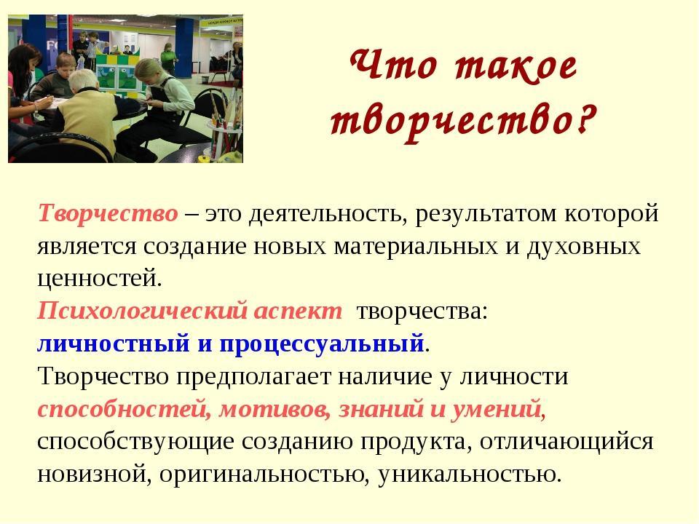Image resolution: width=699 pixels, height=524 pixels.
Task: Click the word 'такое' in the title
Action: click(516, 67)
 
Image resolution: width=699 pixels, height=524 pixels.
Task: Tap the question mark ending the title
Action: click(585, 119)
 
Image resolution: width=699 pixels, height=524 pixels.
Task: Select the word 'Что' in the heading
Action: click(392, 65)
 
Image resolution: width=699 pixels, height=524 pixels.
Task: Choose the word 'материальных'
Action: click(416, 247)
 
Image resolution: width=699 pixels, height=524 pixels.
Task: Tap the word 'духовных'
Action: click(584, 247)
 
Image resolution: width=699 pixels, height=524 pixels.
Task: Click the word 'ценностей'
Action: click(100, 279)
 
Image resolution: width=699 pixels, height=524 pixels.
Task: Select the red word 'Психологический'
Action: click(143, 311)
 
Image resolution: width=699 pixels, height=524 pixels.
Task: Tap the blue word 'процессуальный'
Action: click(322, 344)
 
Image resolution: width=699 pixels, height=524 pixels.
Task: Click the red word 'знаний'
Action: click(381, 409)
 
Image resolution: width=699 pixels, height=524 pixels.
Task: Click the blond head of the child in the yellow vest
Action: click(83, 80)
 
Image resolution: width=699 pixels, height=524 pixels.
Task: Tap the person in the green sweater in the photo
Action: click(168, 58)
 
